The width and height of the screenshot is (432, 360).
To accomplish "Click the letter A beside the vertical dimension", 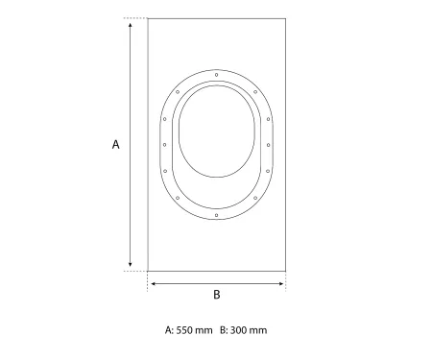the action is pyautogui.click(x=116, y=144).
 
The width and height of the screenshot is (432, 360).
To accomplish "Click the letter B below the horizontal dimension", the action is pyautogui.click(x=217, y=295).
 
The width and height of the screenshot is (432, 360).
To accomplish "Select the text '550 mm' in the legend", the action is pyautogui.click(x=195, y=330).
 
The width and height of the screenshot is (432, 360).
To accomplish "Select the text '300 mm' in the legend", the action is pyautogui.click(x=249, y=330).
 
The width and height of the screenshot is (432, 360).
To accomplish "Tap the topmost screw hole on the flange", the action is pyautogui.click(x=217, y=75).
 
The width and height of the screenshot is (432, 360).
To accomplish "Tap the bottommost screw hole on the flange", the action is pyautogui.click(x=217, y=215).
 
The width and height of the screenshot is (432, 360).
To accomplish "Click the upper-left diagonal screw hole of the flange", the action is pyautogui.click(x=178, y=92).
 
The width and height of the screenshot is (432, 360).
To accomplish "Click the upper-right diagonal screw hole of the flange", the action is pyautogui.click(x=255, y=92).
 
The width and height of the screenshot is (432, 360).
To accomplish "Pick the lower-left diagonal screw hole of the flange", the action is pyautogui.click(x=178, y=198).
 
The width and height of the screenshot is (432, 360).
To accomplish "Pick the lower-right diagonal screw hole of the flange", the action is pyautogui.click(x=255, y=198).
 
